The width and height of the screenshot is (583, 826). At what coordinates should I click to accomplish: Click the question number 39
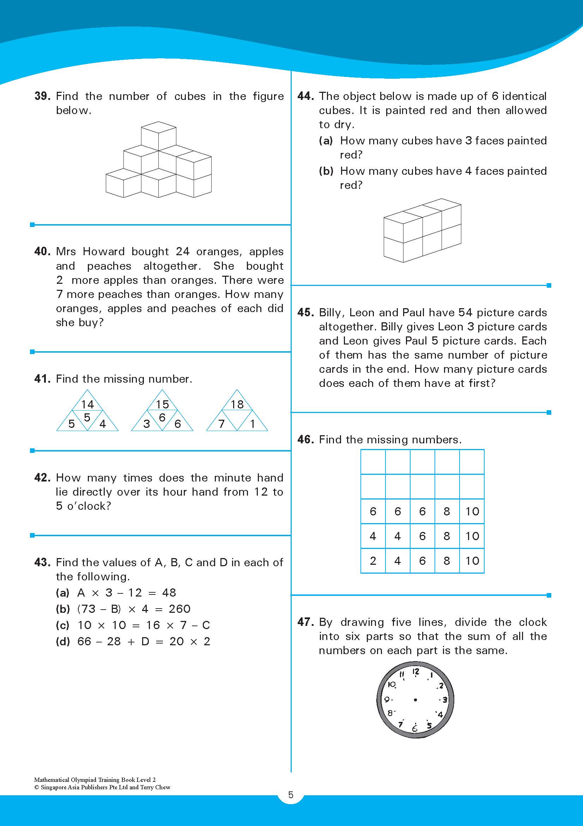[42, 96]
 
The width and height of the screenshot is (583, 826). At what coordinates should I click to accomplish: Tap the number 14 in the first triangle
[87, 405]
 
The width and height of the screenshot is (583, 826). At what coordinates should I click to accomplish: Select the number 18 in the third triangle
[237, 405]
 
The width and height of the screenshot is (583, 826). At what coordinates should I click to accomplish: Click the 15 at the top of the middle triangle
[163, 405]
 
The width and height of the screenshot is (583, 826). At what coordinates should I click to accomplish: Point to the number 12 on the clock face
[416, 672]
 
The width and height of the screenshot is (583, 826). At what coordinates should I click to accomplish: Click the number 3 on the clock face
[445, 700]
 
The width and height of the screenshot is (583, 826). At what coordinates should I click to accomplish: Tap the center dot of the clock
[415, 700]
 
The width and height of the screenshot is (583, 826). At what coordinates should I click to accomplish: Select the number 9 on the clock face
[387, 700]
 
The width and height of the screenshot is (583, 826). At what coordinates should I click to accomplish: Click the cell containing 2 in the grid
[373, 561]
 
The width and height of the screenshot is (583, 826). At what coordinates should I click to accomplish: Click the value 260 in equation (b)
[180, 609]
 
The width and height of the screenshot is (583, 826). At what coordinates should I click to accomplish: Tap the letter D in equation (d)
[145, 641]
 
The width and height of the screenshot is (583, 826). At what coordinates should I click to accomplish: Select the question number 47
[305, 622]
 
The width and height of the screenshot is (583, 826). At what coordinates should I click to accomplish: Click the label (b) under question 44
[326, 171]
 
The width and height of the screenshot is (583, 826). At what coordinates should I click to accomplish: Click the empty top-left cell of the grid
[373, 462]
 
